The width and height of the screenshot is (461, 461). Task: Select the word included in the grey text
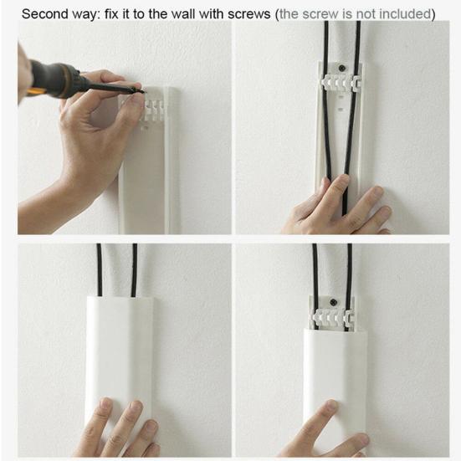[405, 14]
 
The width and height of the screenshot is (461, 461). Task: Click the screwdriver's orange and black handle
[54, 79]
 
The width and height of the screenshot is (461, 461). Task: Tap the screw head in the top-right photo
[341, 70]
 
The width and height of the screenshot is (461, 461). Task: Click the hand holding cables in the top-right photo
[339, 209]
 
